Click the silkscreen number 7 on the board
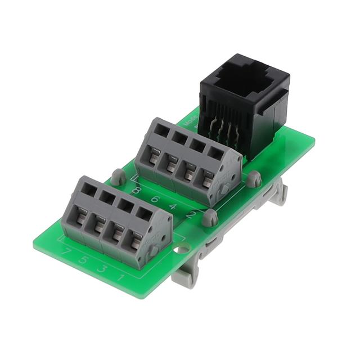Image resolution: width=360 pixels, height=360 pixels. point(67,251)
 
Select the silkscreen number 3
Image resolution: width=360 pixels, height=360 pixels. point(102,268)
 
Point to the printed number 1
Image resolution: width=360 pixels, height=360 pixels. point(120,276)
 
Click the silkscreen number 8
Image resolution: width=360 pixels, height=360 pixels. point(136,190)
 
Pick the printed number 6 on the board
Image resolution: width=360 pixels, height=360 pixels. point(154,199)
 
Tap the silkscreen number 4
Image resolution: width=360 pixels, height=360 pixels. point(173,207)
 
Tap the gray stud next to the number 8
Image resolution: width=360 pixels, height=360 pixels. point(118,177)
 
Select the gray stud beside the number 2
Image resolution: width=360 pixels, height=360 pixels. point(210,217)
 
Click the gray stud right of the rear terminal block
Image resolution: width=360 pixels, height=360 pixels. point(254,179)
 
